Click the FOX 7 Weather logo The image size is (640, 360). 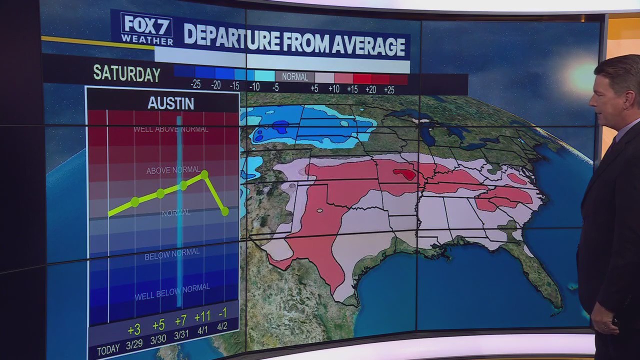click(146, 29)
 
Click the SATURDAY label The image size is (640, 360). click(126, 73)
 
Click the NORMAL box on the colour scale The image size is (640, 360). click(294, 77)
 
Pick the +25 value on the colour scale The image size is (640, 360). click(388, 90)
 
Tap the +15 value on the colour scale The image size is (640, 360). click(352, 89)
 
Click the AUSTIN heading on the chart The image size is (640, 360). click(170, 103)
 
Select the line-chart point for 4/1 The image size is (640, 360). click(204, 174)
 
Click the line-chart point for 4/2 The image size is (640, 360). click(224, 211)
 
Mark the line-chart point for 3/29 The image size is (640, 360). click(134, 202)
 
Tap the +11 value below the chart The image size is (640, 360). click(202, 317)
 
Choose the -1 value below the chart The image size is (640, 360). click(222, 313)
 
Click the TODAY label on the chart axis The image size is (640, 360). click(108, 350)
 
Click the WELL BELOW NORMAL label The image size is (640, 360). click(171, 292)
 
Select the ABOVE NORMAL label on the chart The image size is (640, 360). click(173, 170)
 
